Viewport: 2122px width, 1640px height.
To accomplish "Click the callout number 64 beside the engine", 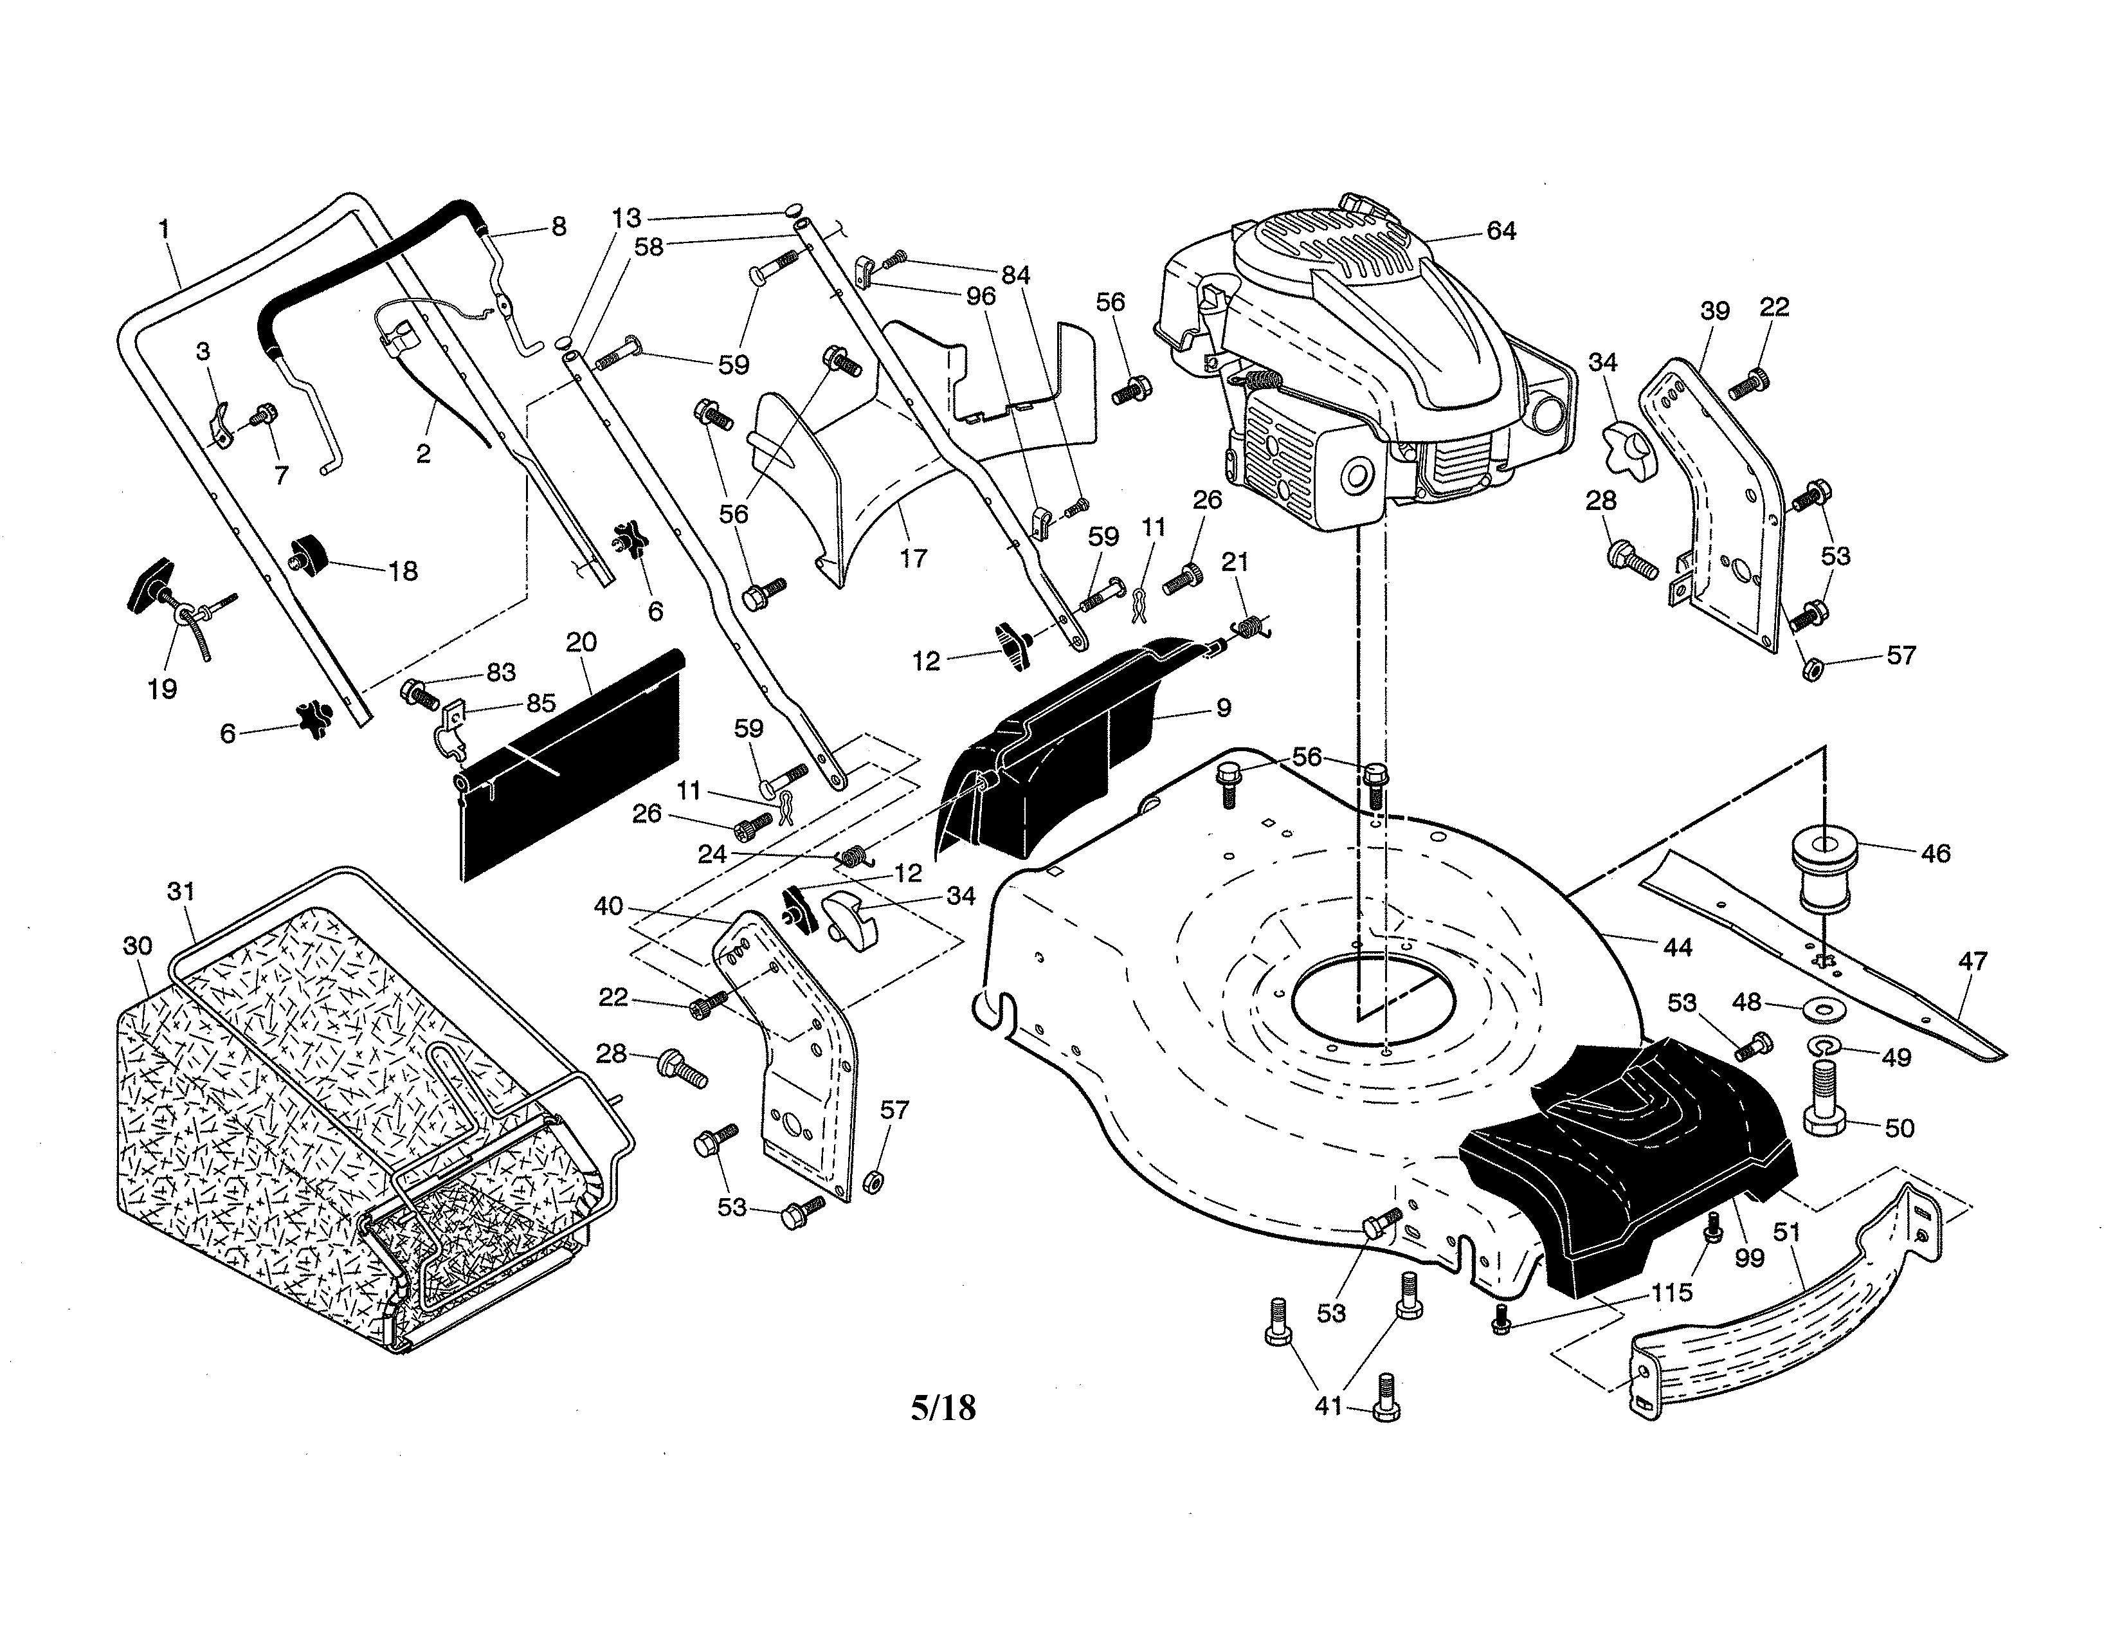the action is point(1501,232).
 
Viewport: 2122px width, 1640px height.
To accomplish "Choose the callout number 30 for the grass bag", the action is point(138,945).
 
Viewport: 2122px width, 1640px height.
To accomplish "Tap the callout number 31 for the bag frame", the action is point(182,891).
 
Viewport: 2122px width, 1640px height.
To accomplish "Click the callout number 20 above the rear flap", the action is point(581,642).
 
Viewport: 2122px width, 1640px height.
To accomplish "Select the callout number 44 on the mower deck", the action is point(1678,946).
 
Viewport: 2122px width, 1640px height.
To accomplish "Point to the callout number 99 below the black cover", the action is point(1749,1258).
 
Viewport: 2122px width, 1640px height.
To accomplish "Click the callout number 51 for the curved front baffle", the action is point(1788,1232).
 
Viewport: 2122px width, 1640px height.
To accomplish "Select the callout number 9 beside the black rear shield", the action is point(1223,708).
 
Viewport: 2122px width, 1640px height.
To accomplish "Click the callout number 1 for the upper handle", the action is point(164,230).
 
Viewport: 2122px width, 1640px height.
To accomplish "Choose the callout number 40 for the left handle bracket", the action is point(608,906).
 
